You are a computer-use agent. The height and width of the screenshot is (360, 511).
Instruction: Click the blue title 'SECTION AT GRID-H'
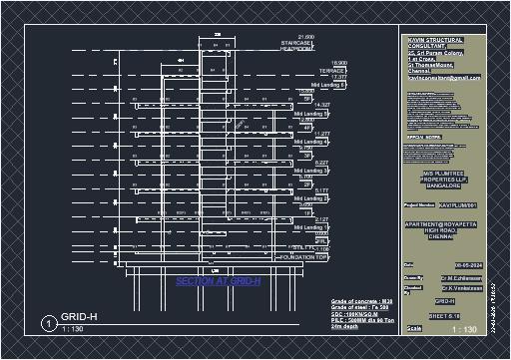pos(218,282)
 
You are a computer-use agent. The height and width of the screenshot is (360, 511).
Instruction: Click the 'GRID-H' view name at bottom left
pos(79,316)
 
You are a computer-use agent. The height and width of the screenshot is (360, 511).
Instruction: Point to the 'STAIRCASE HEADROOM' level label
pos(298,48)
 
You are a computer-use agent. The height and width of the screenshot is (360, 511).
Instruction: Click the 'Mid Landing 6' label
pos(326,86)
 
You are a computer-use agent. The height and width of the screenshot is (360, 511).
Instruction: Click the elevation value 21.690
pos(307,37)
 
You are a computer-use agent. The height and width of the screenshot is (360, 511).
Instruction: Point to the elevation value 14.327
pos(321,105)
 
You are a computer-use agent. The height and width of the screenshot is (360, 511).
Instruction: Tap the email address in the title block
pos(443,78)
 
